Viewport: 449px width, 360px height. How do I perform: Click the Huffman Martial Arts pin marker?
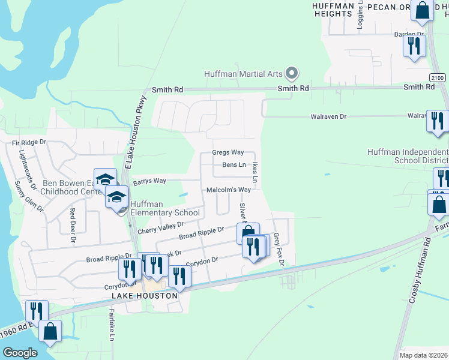tap(292, 74)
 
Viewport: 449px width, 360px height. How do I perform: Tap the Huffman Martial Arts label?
tap(243, 74)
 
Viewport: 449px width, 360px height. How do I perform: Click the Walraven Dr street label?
tap(330, 116)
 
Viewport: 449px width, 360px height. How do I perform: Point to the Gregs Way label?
tap(228, 152)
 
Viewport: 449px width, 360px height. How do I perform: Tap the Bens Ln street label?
tap(234, 164)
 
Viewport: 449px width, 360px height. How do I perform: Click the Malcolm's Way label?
tap(228, 190)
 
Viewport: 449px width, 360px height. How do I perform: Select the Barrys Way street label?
tap(149, 181)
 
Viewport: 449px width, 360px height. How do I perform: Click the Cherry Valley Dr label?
tap(160, 227)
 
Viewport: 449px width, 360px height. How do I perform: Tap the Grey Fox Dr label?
tap(278, 251)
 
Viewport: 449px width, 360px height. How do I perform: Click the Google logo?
tap(20, 352)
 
